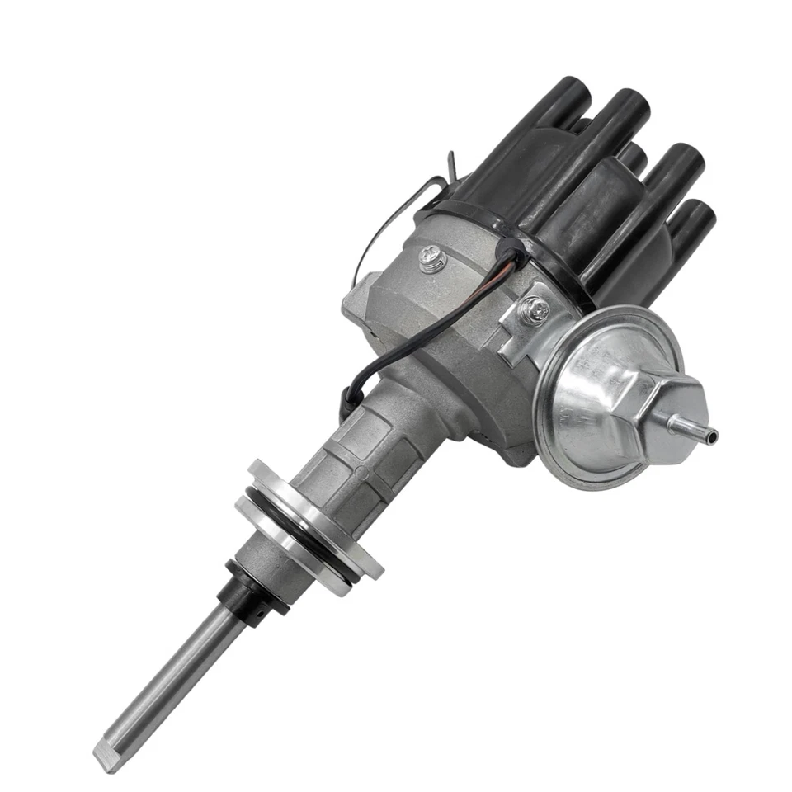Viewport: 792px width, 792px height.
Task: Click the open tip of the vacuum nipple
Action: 714,435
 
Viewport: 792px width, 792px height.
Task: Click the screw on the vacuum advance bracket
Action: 535,311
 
